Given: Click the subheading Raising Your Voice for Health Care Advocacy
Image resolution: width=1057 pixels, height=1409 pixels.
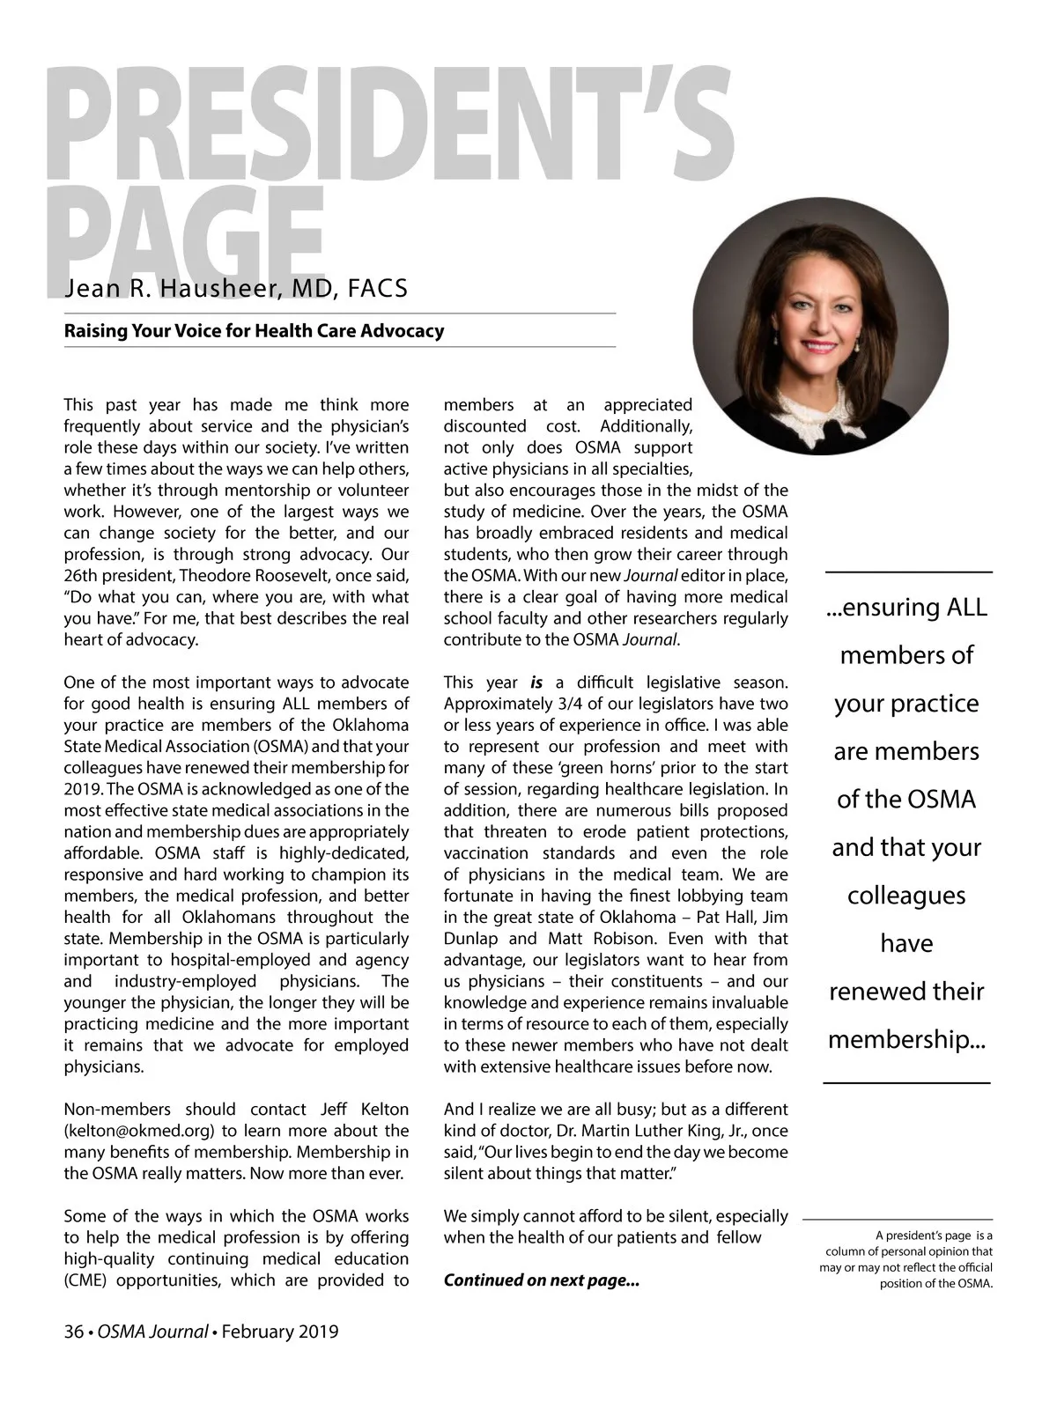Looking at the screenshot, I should point(254,332).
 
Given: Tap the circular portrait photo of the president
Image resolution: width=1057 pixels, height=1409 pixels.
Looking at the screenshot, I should point(820,326).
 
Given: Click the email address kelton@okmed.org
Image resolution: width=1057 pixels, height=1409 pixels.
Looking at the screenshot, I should point(142,1131).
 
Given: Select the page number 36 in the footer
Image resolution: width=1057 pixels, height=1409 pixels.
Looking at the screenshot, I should point(73,1332).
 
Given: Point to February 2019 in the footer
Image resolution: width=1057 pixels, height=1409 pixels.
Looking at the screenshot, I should point(280,1332).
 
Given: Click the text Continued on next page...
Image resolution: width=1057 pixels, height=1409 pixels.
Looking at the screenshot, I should point(541,1280).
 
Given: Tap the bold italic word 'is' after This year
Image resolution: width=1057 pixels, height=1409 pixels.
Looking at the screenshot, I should point(536,682).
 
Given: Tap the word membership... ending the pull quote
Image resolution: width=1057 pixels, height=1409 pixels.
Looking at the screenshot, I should point(906,1040).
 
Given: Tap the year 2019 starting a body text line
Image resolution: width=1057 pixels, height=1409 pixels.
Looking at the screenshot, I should point(83,789).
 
